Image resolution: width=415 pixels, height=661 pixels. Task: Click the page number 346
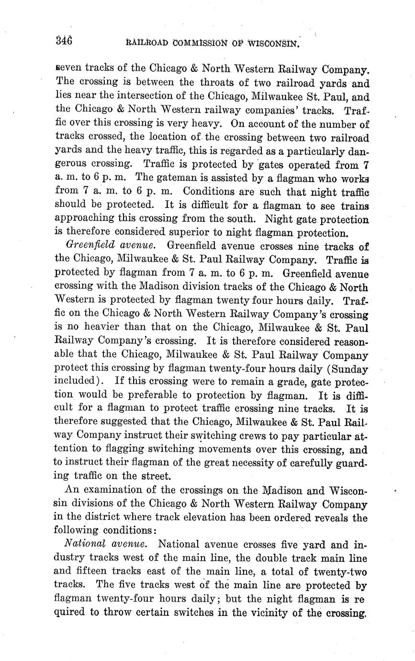tap(63, 41)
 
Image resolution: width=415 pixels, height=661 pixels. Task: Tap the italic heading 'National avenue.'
tap(108, 545)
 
